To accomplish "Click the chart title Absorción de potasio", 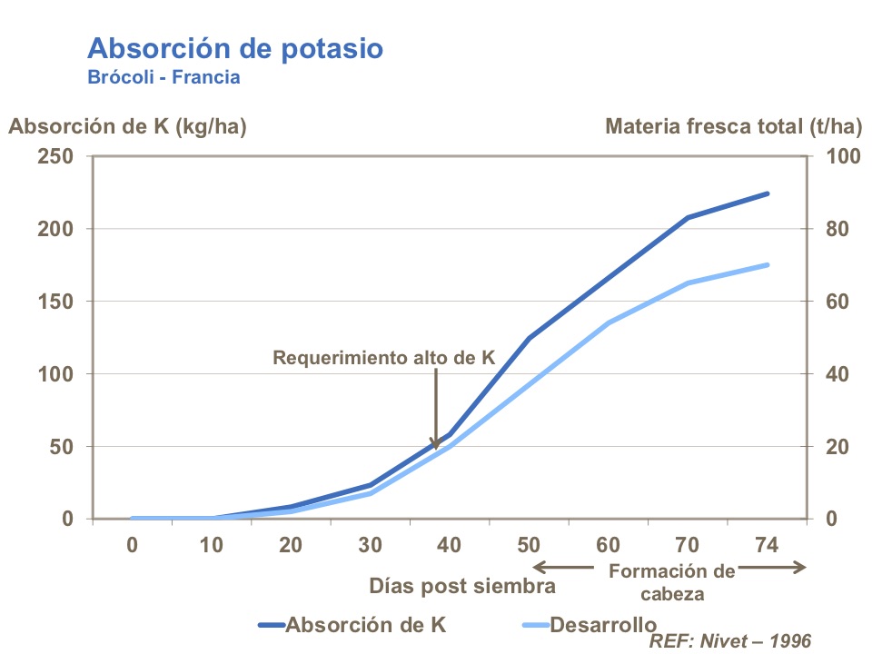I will (x=235, y=48).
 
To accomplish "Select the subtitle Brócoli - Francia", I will (x=163, y=77).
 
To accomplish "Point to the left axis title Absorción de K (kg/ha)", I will (x=127, y=126).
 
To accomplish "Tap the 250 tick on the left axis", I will (x=56, y=156).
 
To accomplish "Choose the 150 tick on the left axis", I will (x=56, y=302).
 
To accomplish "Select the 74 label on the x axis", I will (x=767, y=545).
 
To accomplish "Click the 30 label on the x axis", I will (x=370, y=545).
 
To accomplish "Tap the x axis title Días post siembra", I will (x=461, y=586).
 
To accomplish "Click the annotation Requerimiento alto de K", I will (x=383, y=358).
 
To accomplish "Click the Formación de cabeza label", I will (x=670, y=582).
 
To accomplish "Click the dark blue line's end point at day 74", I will (x=768, y=193).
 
